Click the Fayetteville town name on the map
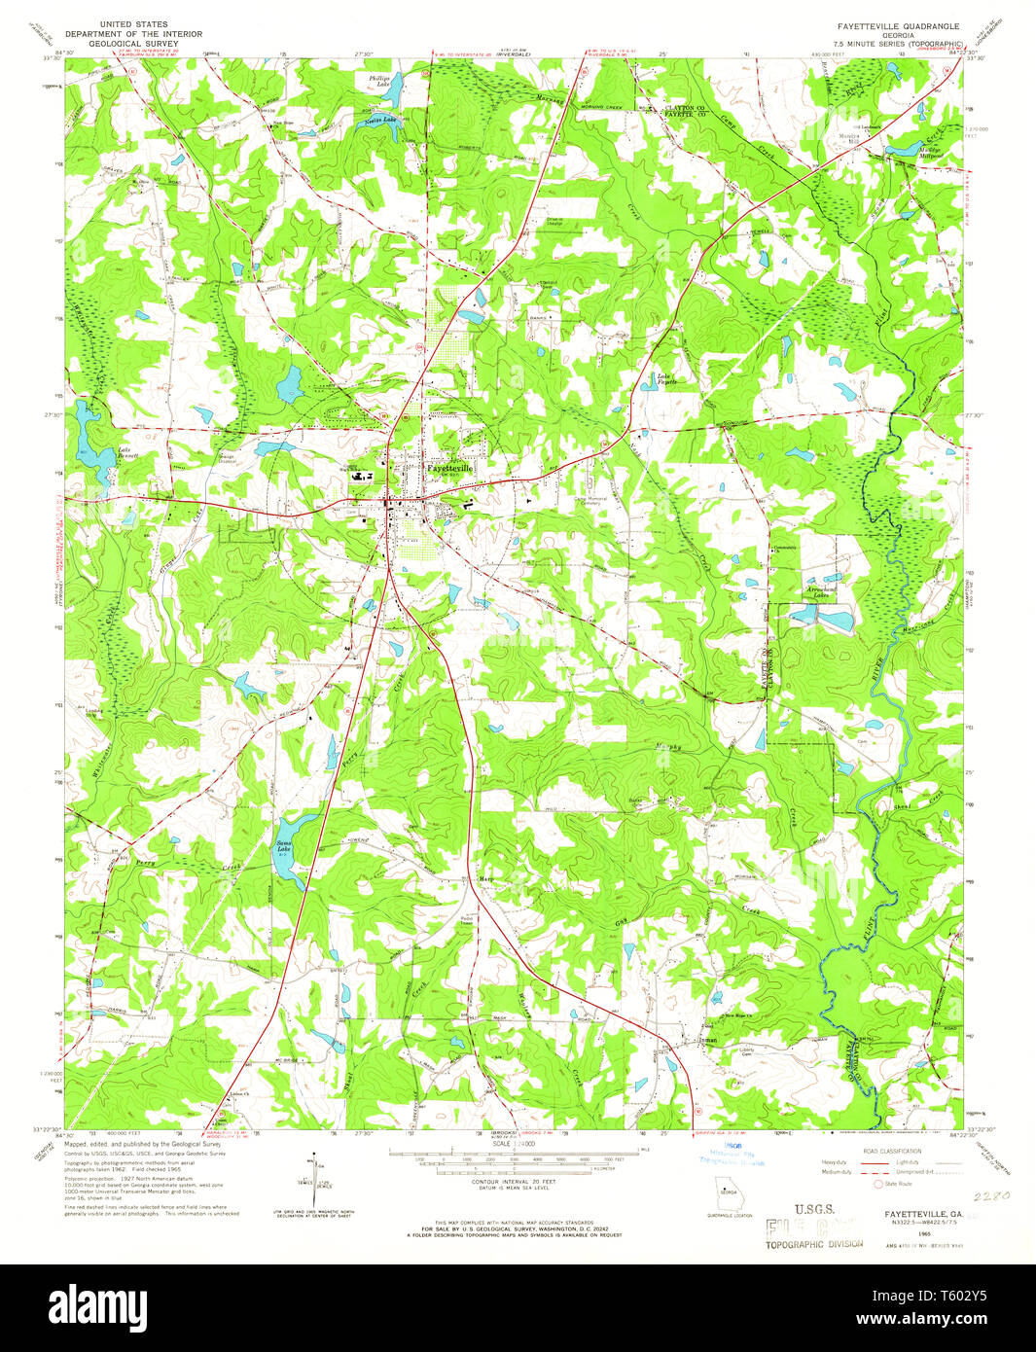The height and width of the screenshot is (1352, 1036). (x=449, y=468)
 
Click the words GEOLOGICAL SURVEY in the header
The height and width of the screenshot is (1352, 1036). (x=132, y=44)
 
